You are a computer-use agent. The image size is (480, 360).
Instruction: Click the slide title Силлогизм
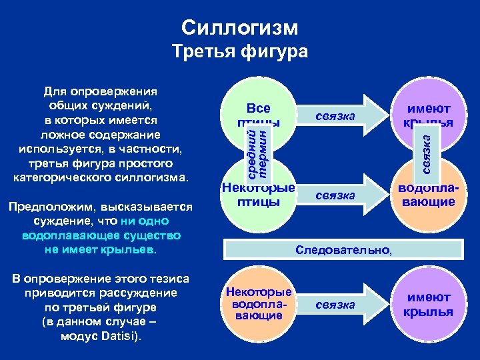coord(240,28)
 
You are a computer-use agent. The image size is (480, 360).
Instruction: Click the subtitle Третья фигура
coord(240,51)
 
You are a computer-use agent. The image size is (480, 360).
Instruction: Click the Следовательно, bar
coord(343,250)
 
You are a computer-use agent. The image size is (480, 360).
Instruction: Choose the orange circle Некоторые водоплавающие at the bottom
coord(258,304)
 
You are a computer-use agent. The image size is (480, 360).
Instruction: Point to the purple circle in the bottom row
coord(430,304)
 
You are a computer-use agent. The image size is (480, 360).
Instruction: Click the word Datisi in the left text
coord(118,335)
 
